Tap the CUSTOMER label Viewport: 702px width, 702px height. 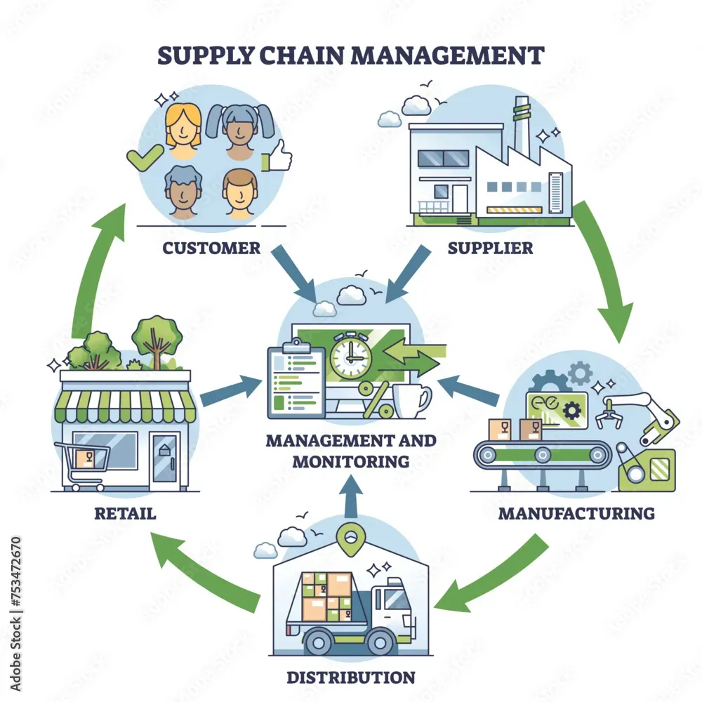coord(211,248)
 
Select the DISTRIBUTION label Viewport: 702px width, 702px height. coord(351,677)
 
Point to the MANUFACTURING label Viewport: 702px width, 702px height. coord(576,513)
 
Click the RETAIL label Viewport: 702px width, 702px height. coord(126,513)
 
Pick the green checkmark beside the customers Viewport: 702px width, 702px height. coord(144,157)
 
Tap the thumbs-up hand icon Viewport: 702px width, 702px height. coord(277,156)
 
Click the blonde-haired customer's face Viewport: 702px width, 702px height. coord(183,131)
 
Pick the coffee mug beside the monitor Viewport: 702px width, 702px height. coord(411,401)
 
